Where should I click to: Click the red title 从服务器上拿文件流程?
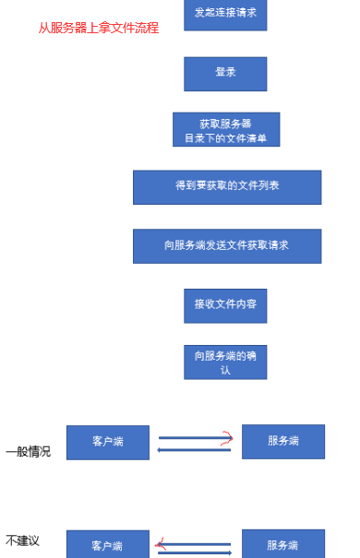pyautogui.click(x=99, y=29)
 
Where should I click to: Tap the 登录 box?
pyautogui.click(x=225, y=73)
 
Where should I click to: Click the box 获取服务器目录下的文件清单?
pyautogui.click(x=225, y=130)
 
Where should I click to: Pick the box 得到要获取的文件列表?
pyautogui.click(x=227, y=186)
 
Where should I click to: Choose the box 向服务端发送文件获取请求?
pyautogui.click(x=227, y=245)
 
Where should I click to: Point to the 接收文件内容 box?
pyautogui.click(x=225, y=304)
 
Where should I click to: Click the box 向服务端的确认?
pyautogui.click(x=225, y=362)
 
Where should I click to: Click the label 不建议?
pyautogui.click(x=22, y=540)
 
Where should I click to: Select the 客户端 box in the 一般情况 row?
pyautogui.click(x=108, y=442)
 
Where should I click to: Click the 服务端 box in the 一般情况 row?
pyautogui.click(x=282, y=441)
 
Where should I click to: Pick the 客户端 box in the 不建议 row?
pyautogui.click(x=108, y=545)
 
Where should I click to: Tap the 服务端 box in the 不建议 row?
pyautogui.click(x=282, y=544)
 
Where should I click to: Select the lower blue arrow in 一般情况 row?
pyautogui.click(x=194, y=449)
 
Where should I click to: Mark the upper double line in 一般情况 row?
pyautogui.click(x=189, y=437)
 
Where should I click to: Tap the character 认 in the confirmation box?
pyautogui.click(x=225, y=370)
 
